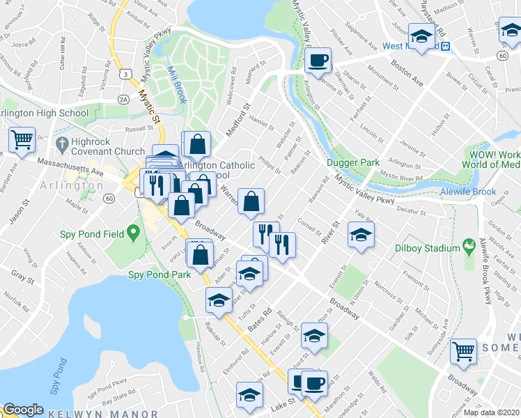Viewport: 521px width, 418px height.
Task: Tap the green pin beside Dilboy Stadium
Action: [x=471, y=247]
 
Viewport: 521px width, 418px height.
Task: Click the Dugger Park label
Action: [x=353, y=163]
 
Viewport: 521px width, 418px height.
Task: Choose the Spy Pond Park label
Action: [x=160, y=274]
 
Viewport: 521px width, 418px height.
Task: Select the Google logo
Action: [x=24, y=410]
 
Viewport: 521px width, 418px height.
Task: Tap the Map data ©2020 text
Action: [x=491, y=412]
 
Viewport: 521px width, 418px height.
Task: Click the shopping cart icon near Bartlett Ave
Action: [x=22, y=140]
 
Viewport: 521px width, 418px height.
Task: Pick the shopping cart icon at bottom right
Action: [x=463, y=353]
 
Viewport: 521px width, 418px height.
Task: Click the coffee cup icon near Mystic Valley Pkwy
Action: [x=318, y=60]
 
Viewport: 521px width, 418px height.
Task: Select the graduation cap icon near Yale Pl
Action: [x=361, y=235]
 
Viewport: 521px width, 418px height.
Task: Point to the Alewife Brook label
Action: [x=468, y=192]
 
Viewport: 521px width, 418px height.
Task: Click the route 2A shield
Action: [x=124, y=100]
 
